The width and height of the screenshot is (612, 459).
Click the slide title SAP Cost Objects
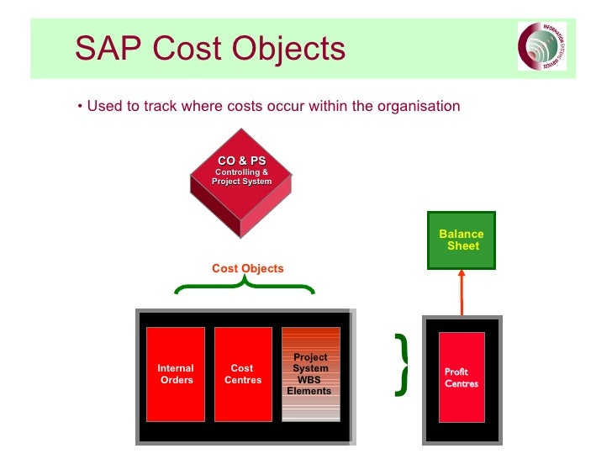tap(209, 48)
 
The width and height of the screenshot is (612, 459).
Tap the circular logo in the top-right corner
tap(541, 46)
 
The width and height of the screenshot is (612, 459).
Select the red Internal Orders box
tap(176, 374)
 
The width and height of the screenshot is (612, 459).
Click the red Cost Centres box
tap(243, 374)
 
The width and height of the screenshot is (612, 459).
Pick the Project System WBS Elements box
tap(310, 374)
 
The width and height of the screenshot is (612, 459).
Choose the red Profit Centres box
tap(462, 377)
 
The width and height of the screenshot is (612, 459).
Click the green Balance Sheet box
tap(462, 240)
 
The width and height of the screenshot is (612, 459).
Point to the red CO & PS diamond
tap(241, 177)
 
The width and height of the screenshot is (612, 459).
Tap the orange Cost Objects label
tap(247, 269)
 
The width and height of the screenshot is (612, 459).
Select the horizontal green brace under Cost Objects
tap(244, 288)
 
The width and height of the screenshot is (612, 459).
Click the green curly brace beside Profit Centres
tap(402, 364)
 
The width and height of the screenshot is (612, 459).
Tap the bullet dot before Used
tap(78, 107)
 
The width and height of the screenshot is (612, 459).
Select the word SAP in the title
tap(105, 48)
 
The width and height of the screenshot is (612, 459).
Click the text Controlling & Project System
tap(241, 177)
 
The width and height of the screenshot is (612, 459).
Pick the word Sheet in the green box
tap(463, 246)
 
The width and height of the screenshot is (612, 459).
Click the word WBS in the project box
tap(310, 380)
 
